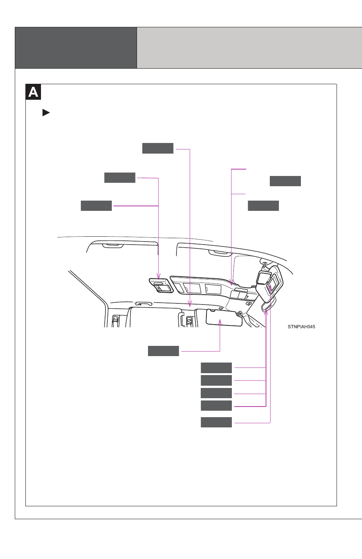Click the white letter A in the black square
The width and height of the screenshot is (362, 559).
tap(33, 92)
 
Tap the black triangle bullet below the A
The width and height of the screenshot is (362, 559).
tap(46, 113)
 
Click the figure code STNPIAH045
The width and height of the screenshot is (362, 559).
tap(301, 327)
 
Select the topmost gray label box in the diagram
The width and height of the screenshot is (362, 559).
tap(158, 148)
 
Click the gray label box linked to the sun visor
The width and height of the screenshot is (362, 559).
tap(163, 351)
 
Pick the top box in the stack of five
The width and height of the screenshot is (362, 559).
tap(216, 367)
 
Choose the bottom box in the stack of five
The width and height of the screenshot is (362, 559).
tap(216, 422)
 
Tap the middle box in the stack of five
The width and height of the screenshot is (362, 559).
tap(216, 393)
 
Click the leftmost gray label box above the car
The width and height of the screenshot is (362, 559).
tap(96, 206)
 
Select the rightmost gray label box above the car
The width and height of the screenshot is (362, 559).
tap(285, 181)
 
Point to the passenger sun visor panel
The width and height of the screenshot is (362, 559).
tap(224, 318)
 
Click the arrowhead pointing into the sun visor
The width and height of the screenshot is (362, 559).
tap(220, 322)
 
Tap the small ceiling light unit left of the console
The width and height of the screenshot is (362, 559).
tap(161, 285)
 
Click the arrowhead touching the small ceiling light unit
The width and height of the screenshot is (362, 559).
tap(159, 276)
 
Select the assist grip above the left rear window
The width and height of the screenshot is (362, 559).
tap(113, 246)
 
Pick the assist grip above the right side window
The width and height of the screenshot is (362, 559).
tap(220, 253)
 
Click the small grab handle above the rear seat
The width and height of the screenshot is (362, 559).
tap(143, 304)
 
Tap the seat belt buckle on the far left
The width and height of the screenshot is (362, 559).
tap(115, 320)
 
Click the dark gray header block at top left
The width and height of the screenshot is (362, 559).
tap(76, 48)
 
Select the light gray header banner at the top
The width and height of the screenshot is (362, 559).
tap(249, 48)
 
